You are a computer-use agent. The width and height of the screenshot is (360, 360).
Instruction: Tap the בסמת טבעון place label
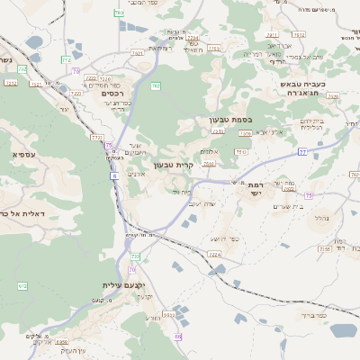(x=226, y=120)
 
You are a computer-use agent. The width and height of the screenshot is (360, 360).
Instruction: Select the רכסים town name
(x=112, y=93)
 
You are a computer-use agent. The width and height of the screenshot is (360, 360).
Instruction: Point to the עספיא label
(x=24, y=155)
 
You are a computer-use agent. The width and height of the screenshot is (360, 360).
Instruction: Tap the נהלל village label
(x=320, y=218)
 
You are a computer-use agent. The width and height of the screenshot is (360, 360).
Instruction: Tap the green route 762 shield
(x=156, y=86)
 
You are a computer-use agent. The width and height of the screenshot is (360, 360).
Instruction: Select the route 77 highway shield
(x=303, y=153)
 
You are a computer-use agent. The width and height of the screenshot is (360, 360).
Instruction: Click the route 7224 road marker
(x=214, y=256)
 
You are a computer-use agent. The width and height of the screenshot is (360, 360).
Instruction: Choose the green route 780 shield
(x=76, y=70)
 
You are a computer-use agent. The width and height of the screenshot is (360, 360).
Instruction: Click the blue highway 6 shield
(x=115, y=175)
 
